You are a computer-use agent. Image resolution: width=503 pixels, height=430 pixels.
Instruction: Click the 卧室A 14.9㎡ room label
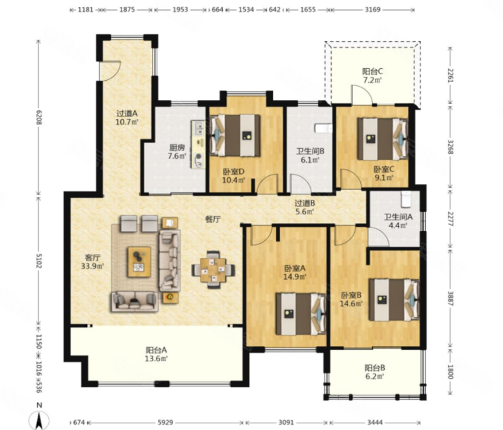point(295,272)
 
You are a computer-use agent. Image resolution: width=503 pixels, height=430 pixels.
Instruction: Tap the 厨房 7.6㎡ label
point(176,152)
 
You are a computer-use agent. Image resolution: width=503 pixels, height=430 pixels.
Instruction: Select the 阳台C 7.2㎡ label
point(372,75)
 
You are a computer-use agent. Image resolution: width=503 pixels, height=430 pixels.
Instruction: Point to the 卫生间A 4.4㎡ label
point(399,221)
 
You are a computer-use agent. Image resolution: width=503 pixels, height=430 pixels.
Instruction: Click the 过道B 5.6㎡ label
point(305,207)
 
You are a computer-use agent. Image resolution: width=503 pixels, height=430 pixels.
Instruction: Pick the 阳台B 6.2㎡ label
point(375,372)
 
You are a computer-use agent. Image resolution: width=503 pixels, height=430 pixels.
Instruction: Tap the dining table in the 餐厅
point(213,270)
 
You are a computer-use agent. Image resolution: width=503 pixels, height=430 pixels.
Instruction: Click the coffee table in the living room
point(139,261)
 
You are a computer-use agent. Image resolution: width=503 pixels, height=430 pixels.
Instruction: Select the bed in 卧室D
point(235,135)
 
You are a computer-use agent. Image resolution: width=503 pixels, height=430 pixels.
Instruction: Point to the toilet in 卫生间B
point(323,128)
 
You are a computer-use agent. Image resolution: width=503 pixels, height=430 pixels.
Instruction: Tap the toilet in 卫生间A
point(406,199)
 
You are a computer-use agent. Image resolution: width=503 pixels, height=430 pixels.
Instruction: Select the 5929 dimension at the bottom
point(165,423)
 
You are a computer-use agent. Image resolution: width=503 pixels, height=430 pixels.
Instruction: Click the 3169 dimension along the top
point(373,10)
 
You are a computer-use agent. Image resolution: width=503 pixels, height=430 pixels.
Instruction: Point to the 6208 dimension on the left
point(39,117)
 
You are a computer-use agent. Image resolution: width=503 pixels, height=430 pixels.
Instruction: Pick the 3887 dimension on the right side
point(451,299)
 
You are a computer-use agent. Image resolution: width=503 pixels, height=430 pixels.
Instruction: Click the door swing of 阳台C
point(362,95)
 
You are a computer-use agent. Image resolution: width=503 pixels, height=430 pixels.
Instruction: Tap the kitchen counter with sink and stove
point(198,144)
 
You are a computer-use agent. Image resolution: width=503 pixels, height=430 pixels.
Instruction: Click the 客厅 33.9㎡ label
point(93,262)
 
